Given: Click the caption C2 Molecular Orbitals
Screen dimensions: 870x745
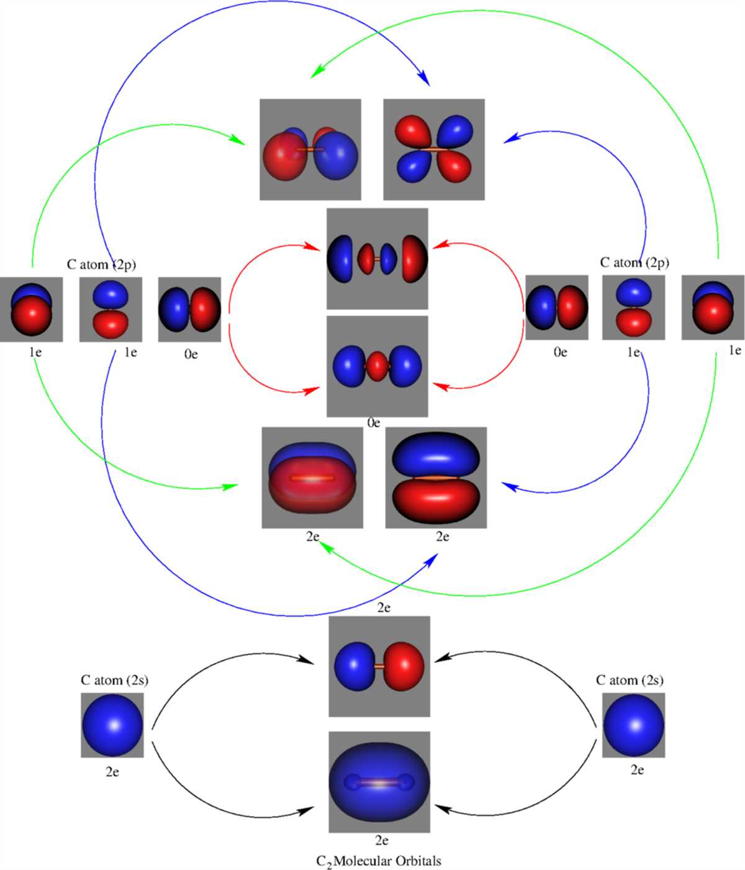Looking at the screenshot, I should point(379,861).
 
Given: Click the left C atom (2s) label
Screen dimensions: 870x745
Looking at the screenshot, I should point(114,680).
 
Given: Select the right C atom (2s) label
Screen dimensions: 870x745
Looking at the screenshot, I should point(630,680).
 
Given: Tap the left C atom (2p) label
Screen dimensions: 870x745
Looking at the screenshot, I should point(101,264).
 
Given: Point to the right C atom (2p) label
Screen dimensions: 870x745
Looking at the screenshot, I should point(634,262).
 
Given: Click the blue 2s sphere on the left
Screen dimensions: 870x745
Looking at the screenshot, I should point(112,725).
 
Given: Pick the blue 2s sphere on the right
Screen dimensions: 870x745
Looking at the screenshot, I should point(634,725).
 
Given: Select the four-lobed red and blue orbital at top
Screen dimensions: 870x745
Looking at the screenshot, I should point(434,150).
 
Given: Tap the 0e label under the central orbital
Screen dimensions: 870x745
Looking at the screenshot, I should point(373,423).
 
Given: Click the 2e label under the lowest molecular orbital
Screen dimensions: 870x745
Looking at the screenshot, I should point(381,841).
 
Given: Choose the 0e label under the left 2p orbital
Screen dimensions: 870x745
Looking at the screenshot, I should point(191,355).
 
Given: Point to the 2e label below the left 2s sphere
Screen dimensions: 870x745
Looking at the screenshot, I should point(112,772).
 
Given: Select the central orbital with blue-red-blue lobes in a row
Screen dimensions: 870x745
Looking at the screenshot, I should point(377,366).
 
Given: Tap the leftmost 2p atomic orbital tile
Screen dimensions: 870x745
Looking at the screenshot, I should point(31,309).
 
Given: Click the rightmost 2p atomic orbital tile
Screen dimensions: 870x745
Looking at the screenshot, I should point(713,307).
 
